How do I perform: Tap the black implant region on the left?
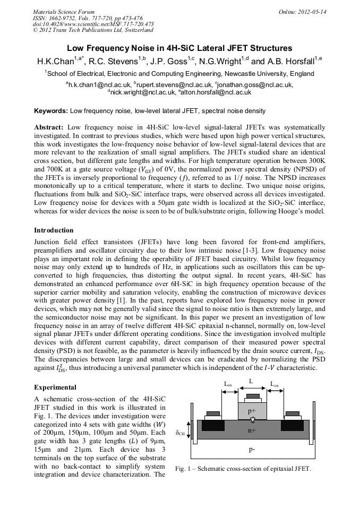coord(213,425)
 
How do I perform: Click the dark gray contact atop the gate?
coord(252,396)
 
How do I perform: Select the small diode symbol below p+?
coord(252,420)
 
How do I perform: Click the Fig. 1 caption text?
coord(243,469)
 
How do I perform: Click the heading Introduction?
coord(54,230)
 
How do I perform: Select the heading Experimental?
coord(55,387)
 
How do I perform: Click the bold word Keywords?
coord(51,111)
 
